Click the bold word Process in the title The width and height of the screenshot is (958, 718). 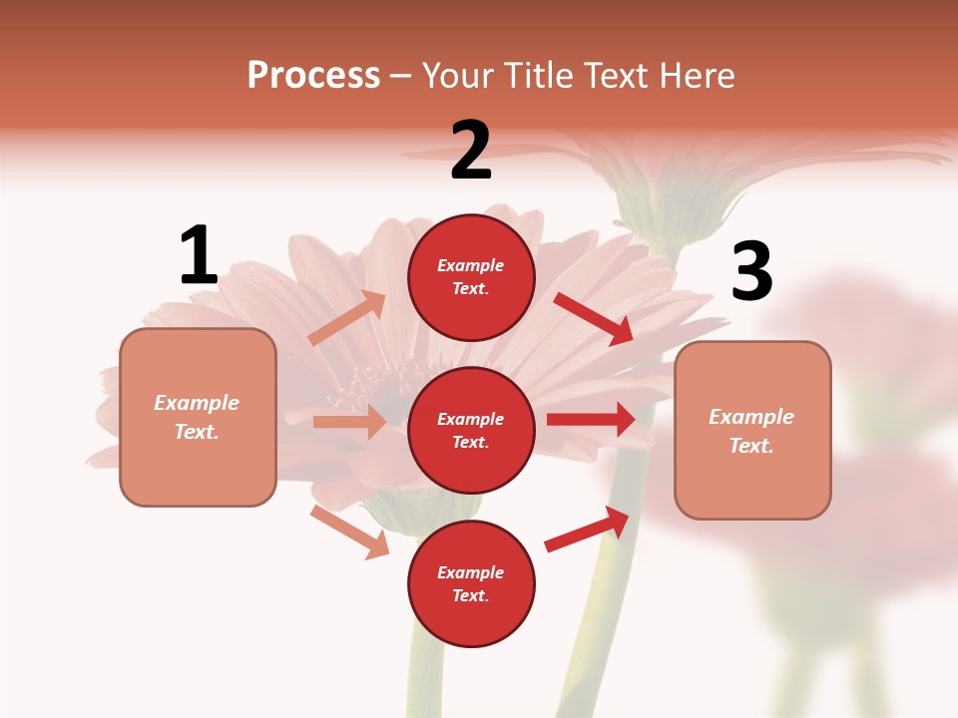point(313,76)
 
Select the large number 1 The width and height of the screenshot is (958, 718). point(199,256)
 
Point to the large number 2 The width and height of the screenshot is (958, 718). point(471,151)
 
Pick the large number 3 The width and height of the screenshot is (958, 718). point(751,272)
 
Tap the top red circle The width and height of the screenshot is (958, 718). point(471,277)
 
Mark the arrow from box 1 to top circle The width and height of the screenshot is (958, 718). point(347,318)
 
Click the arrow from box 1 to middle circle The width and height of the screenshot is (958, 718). point(349,422)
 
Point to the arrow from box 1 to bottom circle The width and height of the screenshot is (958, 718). point(350,532)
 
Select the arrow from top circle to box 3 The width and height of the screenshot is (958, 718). point(594,318)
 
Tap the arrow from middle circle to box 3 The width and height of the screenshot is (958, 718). point(591,419)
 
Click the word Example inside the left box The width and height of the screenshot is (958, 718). point(197,403)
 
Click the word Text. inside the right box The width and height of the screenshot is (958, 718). point(751,446)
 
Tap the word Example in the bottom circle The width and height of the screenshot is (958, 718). point(471,572)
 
